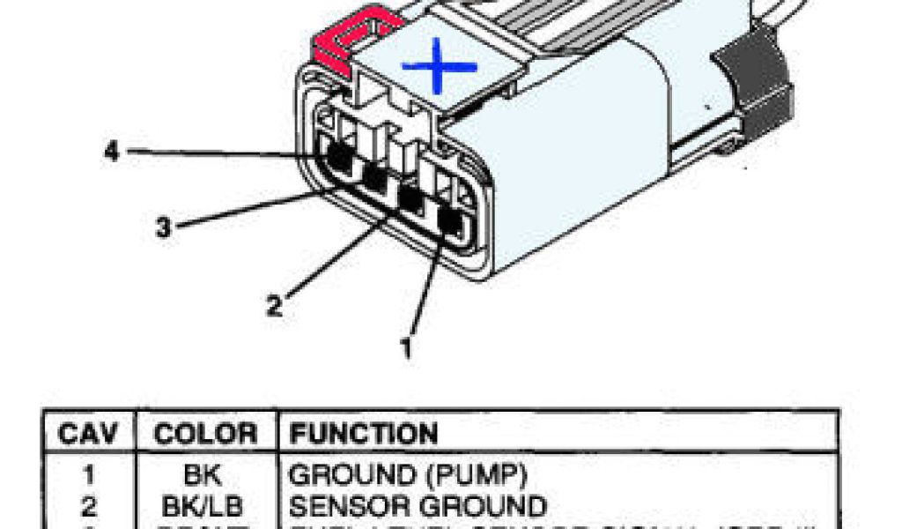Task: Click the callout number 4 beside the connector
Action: (112, 152)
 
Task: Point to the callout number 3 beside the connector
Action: (163, 227)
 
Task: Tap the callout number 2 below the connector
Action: (275, 306)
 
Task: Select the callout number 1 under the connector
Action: (406, 347)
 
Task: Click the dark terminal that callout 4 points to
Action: (336, 157)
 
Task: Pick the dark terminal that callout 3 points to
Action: (374, 178)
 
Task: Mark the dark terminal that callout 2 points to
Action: (410, 199)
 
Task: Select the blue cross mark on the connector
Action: (439, 67)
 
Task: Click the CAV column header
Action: (88, 434)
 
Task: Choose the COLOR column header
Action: (204, 434)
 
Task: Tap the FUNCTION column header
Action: (363, 434)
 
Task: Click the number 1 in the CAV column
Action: (88, 476)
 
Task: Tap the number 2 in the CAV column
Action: (88, 506)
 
